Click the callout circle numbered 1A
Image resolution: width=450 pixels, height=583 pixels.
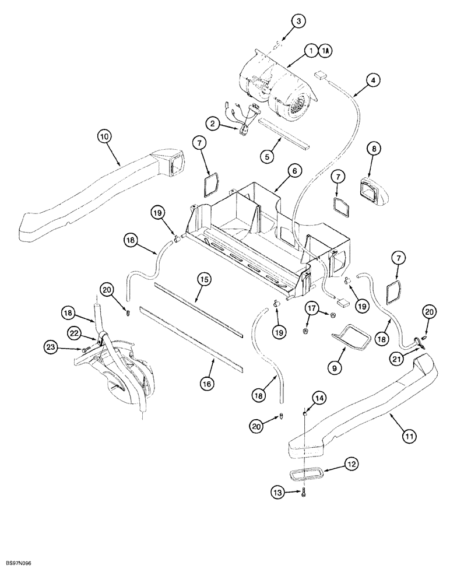326,51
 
